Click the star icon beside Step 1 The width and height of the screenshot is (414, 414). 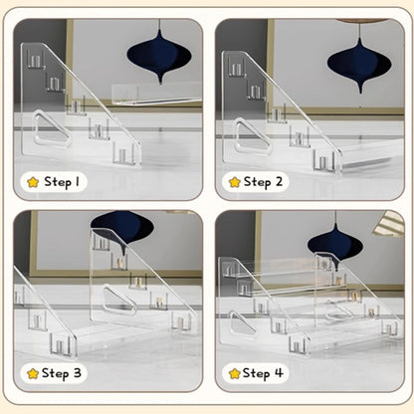click(x=33, y=182)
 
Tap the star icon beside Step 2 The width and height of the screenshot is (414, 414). click(x=235, y=182)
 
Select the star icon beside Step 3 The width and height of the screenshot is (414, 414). click(x=33, y=374)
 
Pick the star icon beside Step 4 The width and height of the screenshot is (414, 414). click(x=235, y=374)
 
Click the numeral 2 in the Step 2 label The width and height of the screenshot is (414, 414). click(x=279, y=181)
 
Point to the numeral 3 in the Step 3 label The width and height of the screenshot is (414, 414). click(x=78, y=373)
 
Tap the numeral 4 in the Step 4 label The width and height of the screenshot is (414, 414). click(x=279, y=373)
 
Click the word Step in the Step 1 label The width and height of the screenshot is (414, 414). click(x=58, y=182)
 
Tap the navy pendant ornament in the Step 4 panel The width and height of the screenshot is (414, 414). click(x=335, y=246)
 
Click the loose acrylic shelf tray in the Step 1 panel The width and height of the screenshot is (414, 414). click(x=156, y=95)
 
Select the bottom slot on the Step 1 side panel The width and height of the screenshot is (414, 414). click(x=124, y=153)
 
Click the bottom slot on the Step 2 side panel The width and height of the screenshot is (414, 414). click(x=325, y=161)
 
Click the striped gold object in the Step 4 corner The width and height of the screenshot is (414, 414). click(x=390, y=223)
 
